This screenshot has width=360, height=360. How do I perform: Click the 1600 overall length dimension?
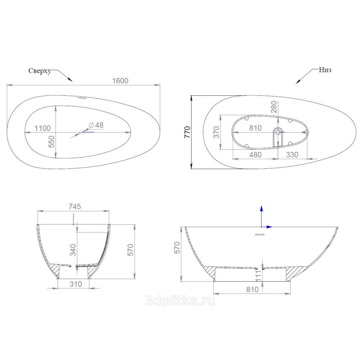pyautogui.click(x=120, y=81)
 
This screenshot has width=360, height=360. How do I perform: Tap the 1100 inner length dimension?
pyautogui.click(x=42, y=128)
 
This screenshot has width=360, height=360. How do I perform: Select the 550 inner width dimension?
pyautogui.click(x=52, y=141)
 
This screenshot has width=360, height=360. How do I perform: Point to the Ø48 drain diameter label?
pyautogui.click(x=96, y=125)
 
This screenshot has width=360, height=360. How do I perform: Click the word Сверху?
pyautogui.click(x=40, y=71)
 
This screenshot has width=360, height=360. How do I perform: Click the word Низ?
pyautogui.click(x=325, y=70)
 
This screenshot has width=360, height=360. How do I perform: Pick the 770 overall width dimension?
pyautogui.click(x=187, y=132)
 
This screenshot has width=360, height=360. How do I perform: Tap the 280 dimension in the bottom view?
pyautogui.click(x=274, y=107)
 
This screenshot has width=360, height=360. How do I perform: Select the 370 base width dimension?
pyautogui.click(x=216, y=132)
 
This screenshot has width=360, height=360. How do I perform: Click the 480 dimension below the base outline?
pyautogui.click(x=255, y=155)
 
